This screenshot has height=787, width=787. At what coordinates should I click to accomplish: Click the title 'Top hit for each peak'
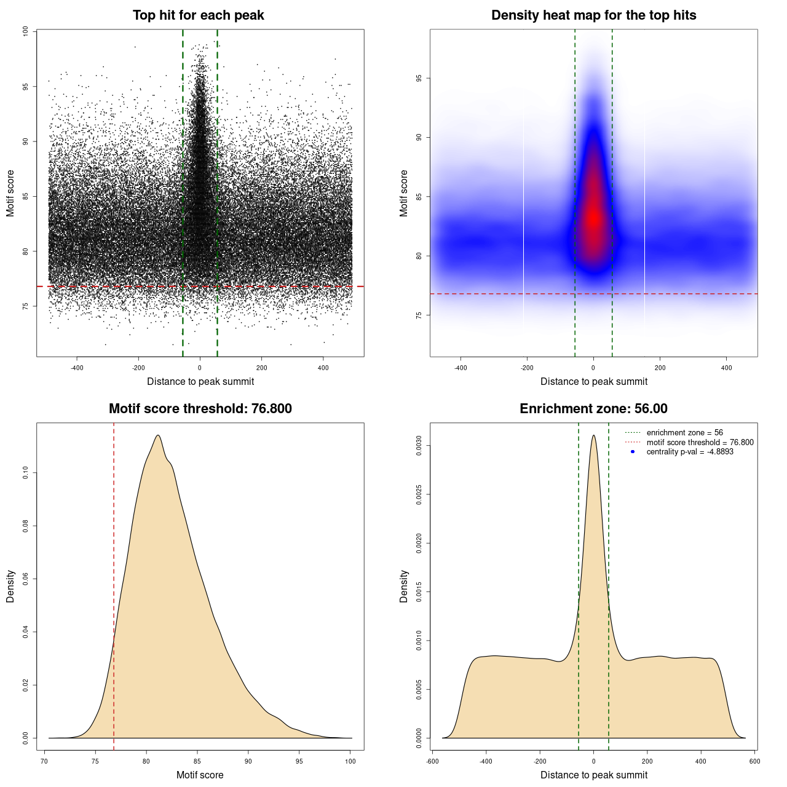click(198, 15)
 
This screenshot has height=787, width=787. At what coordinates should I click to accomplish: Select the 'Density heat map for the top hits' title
click(593, 15)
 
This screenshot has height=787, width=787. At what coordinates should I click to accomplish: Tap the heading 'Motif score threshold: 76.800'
click(200, 409)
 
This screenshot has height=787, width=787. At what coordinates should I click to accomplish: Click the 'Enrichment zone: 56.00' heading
click(593, 409)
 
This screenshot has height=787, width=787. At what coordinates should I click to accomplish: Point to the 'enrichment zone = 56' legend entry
click(684, 433)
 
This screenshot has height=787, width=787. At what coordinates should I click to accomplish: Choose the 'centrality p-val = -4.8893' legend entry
click(690, 452)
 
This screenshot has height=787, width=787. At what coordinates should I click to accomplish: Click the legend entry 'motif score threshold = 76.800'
click(700, 443)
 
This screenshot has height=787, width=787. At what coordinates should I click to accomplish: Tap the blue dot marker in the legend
click(633, 452)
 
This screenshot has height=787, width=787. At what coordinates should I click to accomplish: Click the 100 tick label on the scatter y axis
click(25, 31)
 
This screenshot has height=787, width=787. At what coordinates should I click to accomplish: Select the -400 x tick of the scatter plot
click(77, 368)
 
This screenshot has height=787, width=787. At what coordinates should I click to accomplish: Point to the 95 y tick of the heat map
click(419, 78)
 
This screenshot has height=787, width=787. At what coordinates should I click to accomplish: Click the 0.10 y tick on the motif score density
click(25, 472)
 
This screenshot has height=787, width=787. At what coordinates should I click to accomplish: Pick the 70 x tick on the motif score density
click(44, 761)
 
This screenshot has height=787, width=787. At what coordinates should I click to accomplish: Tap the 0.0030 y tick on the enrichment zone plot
click(419, 445)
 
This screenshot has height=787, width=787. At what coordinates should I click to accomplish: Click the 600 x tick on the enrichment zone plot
click(754, 761)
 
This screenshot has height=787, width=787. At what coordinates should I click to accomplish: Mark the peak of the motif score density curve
click(158, 435)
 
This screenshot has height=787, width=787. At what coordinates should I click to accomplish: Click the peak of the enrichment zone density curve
click(593, 435)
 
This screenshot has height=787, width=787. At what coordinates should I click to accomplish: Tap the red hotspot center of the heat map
click(593, 218)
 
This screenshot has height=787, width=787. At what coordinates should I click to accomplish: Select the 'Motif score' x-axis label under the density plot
click(200, 775)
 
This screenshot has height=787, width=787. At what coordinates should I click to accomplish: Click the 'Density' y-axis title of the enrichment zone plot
click(404, 586)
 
